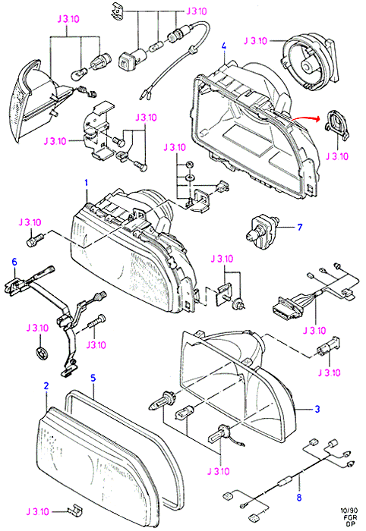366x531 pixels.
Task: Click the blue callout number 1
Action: (x=87, y=183)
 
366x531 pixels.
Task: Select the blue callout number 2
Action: (x=46, y=385)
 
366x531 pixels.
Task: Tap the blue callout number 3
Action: (x=317, y=409)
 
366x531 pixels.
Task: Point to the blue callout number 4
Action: (x=224, y=46)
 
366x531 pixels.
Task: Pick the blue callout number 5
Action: (x=93, y=378)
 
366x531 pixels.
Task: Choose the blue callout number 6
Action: (x=14, y=262)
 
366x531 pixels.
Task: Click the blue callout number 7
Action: (x=299, y=227)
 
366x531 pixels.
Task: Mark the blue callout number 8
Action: (x=299, y=498)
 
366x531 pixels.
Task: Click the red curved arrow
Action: (x=305, y=118)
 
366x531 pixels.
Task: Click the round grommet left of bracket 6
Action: (x=42, y=352)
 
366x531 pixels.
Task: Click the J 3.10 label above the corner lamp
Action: (x=68, y=19)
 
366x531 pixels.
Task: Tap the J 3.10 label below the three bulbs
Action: (x=218, y=471)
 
